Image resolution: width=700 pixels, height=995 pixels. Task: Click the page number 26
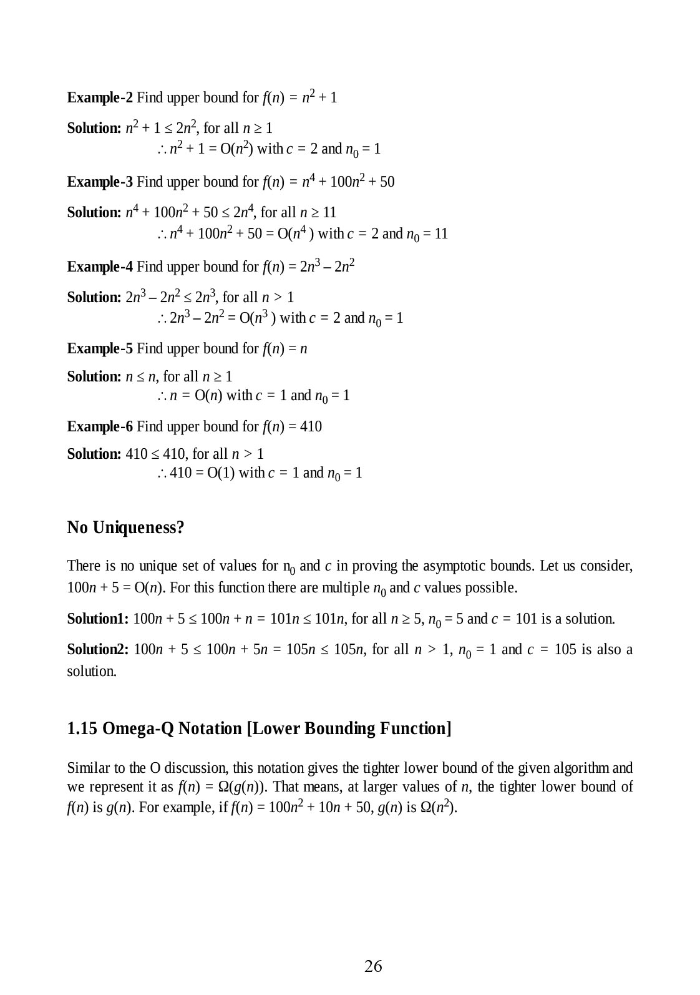click(x=373, y=966)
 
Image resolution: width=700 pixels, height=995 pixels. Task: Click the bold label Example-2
click(x=100, y=97)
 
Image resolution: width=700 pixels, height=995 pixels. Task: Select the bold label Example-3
click(x=100, y=182)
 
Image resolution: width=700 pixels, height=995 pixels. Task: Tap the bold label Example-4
click(x=100, y=267)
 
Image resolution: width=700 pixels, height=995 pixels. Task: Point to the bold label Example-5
click(x=100, y=348)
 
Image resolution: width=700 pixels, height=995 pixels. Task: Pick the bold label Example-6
click(x=100, y=426)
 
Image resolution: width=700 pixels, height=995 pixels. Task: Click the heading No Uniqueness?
click(x=125, y=527)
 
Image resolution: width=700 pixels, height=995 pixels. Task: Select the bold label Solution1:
click(x=98, y=619)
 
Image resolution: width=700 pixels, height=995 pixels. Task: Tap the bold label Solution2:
click(x=98, y=649)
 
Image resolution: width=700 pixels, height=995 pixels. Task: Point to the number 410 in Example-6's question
click(x=310, y=426)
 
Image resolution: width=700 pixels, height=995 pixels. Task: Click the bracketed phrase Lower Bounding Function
click(x=349, y=728)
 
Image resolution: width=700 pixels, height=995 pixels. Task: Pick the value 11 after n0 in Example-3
click(x=441, y=233)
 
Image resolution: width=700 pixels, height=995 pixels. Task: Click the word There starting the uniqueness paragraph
click(x=83, y=566)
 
